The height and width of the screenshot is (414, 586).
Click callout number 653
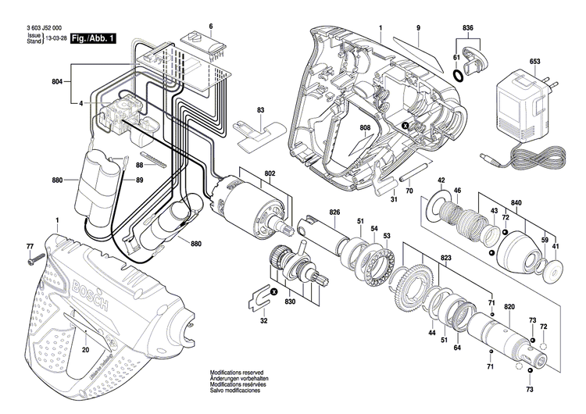[513, 62]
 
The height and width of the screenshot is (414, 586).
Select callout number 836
[466, 28]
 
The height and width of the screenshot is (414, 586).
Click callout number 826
[334, 212]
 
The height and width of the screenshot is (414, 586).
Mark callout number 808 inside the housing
[365, 128]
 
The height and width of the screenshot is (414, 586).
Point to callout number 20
[84, 349]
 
